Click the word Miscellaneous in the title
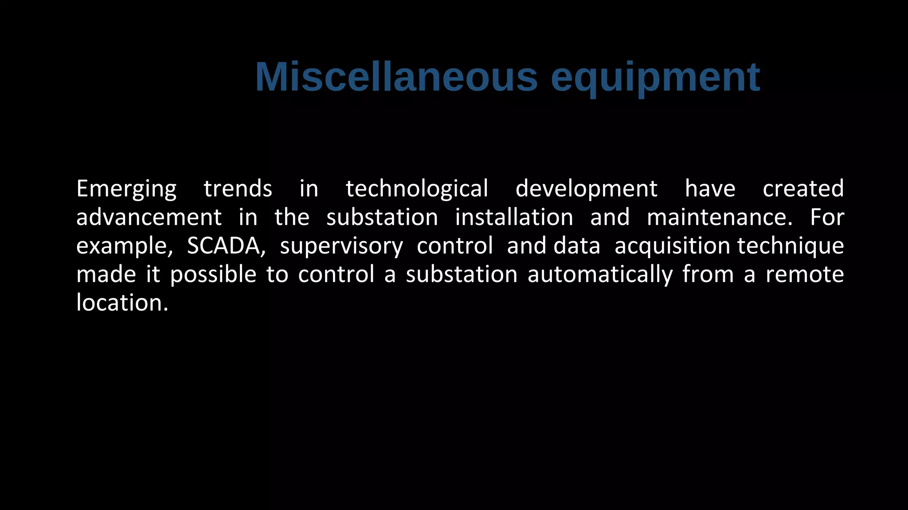396,77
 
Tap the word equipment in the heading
655,78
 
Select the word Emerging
126,189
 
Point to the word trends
238,189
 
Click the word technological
417,189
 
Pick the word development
586,189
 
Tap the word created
803,189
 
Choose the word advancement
149,217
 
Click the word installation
514,217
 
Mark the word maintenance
719,217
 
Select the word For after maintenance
827,217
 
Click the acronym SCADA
226,246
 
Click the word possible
213,275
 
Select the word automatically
600,275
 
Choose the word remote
804,275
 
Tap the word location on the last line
122,303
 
